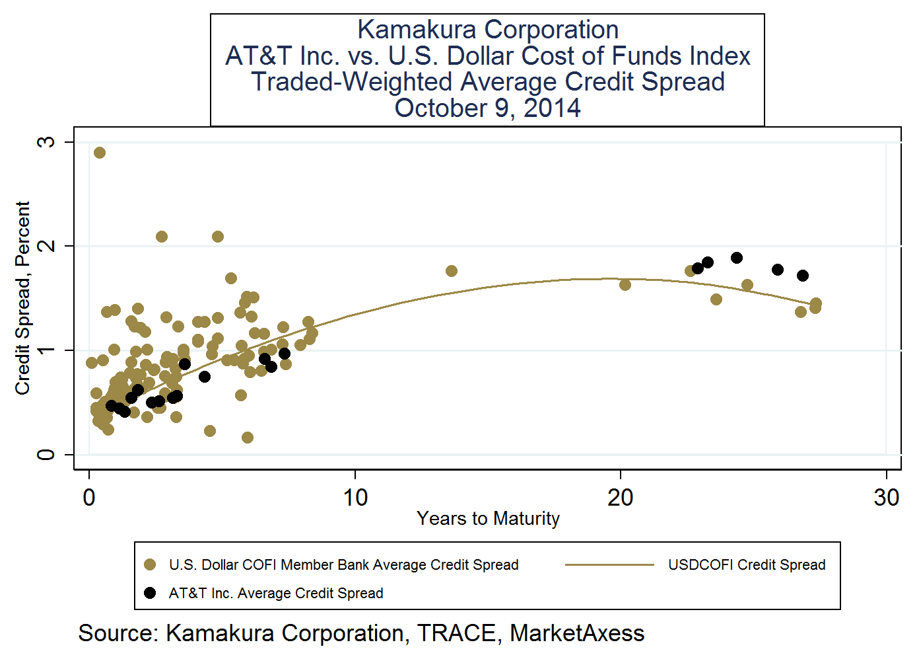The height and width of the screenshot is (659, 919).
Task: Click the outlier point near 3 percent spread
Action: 100,153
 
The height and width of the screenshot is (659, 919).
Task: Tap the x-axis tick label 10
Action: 355,497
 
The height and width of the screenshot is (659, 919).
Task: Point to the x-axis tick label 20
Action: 621,497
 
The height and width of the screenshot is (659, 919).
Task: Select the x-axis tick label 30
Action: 886,497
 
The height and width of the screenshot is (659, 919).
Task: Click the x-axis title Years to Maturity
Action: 488,518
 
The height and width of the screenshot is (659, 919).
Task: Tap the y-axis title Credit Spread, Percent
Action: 23,297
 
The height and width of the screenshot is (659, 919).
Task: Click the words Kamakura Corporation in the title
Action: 488,30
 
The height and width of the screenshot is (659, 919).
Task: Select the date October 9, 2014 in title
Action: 488,108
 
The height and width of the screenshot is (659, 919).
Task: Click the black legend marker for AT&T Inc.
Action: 150,593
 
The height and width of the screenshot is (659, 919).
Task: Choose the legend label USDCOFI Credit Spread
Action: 747,564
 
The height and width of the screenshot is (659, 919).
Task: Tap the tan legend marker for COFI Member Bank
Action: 150,564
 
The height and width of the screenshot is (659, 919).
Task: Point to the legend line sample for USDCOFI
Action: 609,564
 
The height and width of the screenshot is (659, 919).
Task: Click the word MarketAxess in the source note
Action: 577,633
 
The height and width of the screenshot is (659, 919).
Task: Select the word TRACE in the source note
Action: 456,633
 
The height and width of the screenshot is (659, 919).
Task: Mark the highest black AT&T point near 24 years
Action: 737,258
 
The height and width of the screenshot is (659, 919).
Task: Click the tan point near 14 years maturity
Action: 452,271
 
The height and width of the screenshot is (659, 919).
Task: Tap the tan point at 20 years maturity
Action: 625,285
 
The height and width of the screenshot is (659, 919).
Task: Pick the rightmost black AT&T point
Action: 803,276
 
